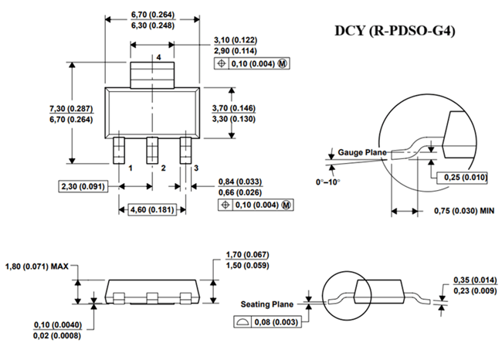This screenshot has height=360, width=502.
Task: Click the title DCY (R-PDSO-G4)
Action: [395, 31]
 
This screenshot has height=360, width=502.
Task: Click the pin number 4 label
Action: [159, 57]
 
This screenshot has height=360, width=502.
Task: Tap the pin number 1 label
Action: [131, 168]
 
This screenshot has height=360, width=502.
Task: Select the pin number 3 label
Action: [196, 168]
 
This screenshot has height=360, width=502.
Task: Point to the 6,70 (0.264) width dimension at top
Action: [153, 15]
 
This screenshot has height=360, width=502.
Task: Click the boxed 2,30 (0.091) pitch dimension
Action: [83, 186]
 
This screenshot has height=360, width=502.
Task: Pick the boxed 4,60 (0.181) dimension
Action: [152, 210]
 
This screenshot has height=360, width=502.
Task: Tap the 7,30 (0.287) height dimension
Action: [71, 109]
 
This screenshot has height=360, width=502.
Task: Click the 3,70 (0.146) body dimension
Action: [234, 108]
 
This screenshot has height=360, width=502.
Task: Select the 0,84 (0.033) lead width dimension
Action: [240, 182]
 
